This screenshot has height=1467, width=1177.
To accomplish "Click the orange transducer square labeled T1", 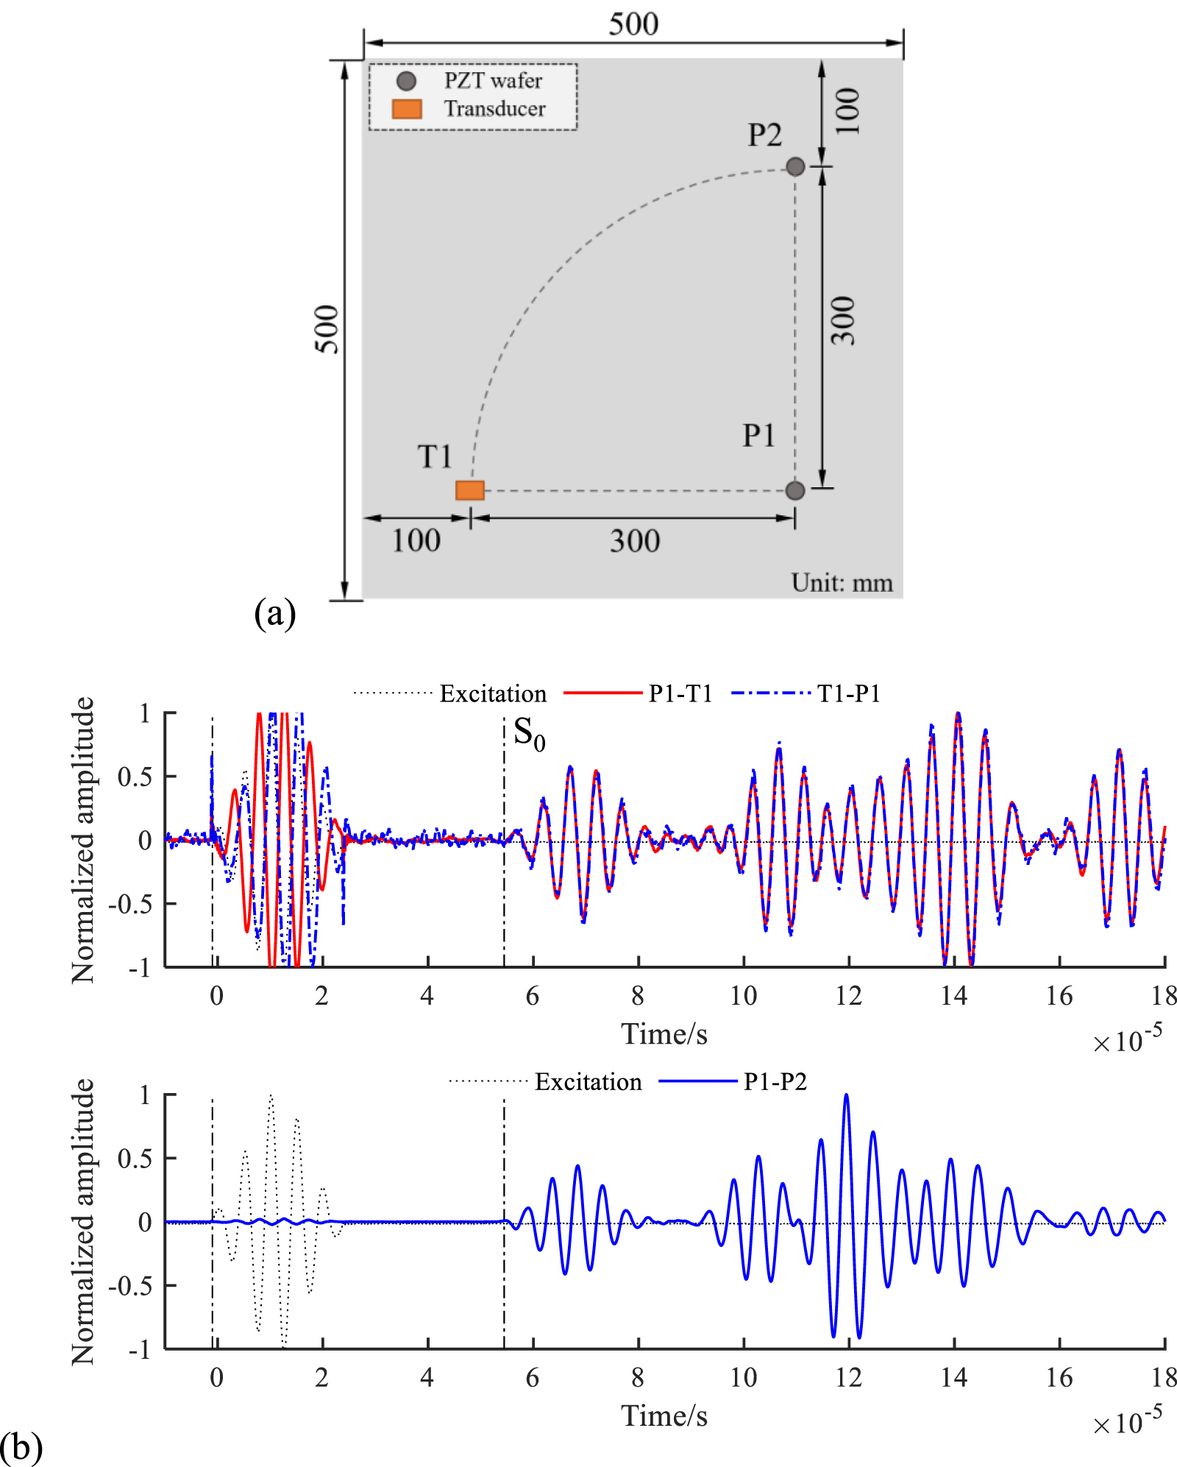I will click(x=469, y=490).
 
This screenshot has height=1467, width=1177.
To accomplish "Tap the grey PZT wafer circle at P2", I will click(x=795, y=166).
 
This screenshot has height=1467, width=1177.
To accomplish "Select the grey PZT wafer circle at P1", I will click(x=795, y=490).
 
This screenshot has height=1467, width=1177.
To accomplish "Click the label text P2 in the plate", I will click(x=764, y=135).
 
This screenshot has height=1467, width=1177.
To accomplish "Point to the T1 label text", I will click(x=435, y=457).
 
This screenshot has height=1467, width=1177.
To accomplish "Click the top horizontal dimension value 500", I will click(x=633, y=24).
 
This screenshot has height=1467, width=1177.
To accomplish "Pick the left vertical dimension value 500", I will click(x=327, y=329).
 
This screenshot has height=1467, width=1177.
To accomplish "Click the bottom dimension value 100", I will click(x=416, y=541).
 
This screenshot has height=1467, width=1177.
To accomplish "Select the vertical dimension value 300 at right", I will click(x=844, y=321).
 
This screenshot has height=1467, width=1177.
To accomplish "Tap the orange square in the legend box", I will click(x=407, y=109).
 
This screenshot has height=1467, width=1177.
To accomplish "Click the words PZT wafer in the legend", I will click(x=493, y=80).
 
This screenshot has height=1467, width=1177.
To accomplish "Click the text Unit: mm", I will click(x=842, y=583).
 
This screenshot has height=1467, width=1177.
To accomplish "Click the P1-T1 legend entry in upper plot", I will click(x=680, y=693).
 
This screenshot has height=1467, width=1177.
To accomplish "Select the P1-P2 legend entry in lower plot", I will click(x=775, y=1081).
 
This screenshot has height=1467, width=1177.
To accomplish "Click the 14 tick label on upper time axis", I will click(x=953, y=996).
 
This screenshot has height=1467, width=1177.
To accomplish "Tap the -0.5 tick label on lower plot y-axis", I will click(x=130, y=1286).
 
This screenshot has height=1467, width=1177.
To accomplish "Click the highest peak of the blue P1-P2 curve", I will click(x=846, y=1095).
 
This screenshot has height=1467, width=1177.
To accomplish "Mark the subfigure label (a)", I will click(x=274, y=613).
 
